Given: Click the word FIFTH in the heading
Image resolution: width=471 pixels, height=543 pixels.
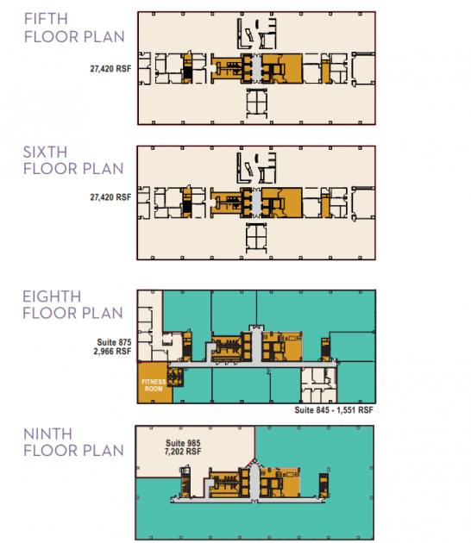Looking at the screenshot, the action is pos(46,19).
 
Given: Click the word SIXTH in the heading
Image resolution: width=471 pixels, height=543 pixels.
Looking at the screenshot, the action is pos(45,152).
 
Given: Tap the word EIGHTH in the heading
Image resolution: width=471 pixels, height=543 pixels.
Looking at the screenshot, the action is pos(52,296).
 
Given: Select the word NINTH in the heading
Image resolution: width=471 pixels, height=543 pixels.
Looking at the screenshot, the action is pos(47,434).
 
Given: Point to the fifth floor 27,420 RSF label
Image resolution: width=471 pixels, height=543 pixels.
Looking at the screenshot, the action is pos(110,69).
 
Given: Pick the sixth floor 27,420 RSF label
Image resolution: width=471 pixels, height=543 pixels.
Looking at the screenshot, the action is pos(110,197).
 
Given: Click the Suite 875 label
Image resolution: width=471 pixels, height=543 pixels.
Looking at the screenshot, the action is pos(114,342).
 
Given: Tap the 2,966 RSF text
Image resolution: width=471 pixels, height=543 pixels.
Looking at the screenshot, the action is pos(112,351).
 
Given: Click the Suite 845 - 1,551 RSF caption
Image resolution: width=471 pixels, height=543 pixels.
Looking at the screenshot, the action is pos(334,410).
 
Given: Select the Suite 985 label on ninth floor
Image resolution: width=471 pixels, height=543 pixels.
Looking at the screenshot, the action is pos(183,443).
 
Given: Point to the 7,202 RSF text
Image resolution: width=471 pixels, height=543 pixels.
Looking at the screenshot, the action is pos(183,452).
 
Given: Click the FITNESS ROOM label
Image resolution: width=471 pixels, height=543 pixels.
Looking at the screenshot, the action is pos(154,385).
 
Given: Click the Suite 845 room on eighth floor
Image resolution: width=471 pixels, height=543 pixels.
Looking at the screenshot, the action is pos(318,385).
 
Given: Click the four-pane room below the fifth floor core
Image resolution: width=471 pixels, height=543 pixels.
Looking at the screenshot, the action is pos(256,103).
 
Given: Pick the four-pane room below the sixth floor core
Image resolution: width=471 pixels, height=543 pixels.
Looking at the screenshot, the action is pos(256,238).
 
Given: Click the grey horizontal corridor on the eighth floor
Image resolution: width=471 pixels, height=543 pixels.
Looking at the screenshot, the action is pos(252,365).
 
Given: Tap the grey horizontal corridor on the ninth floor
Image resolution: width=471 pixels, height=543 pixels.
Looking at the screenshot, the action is pos(248,500).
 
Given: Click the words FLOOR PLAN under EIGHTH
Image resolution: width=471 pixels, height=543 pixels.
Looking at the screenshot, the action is pos(72,313).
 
